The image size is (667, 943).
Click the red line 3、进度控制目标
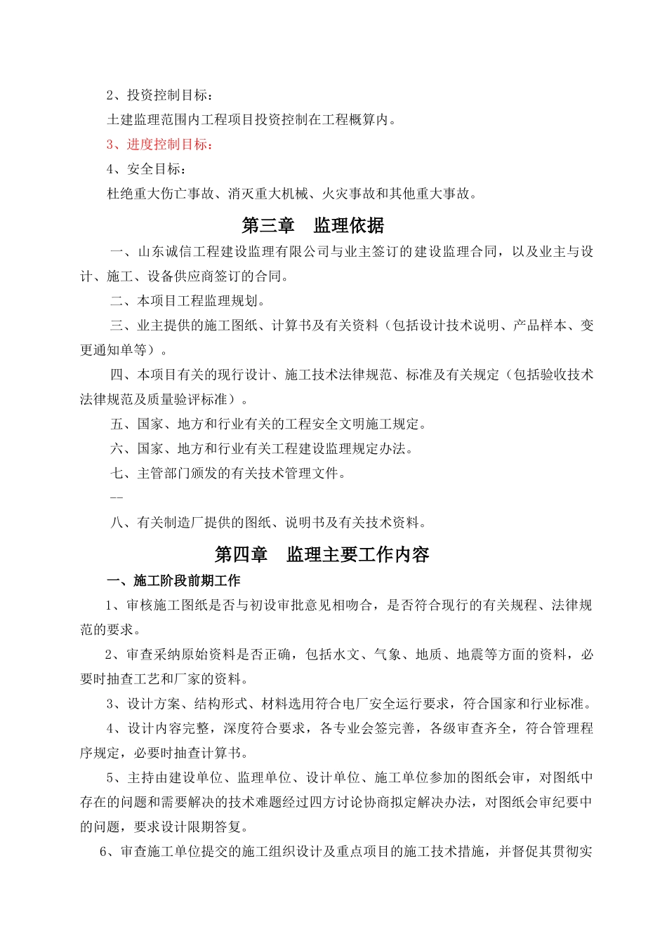click(159, 145)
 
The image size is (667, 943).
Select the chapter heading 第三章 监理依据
click(313, 226)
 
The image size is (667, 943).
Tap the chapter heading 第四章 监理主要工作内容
click(322, 555)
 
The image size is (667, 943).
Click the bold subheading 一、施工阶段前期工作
click(173, 581)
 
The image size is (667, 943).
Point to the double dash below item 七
click(117, 498)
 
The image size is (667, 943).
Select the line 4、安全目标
click(147, 169)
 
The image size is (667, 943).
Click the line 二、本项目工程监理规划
click(188, 301)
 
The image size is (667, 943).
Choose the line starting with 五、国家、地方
click(268, 424)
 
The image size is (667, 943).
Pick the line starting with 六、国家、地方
click(262, 448)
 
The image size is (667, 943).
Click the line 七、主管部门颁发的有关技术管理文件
click(228, 473)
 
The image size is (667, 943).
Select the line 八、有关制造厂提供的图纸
click(268, 523)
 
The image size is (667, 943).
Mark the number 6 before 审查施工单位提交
click(105, 852)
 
